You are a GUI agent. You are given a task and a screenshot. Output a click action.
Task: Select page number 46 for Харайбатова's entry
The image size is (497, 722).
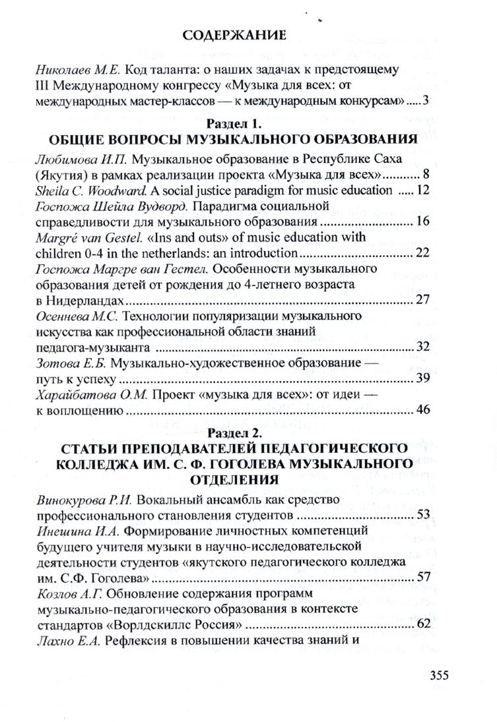coord(423,411)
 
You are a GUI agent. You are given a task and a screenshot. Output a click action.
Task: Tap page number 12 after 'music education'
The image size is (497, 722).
coord(422,190)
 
